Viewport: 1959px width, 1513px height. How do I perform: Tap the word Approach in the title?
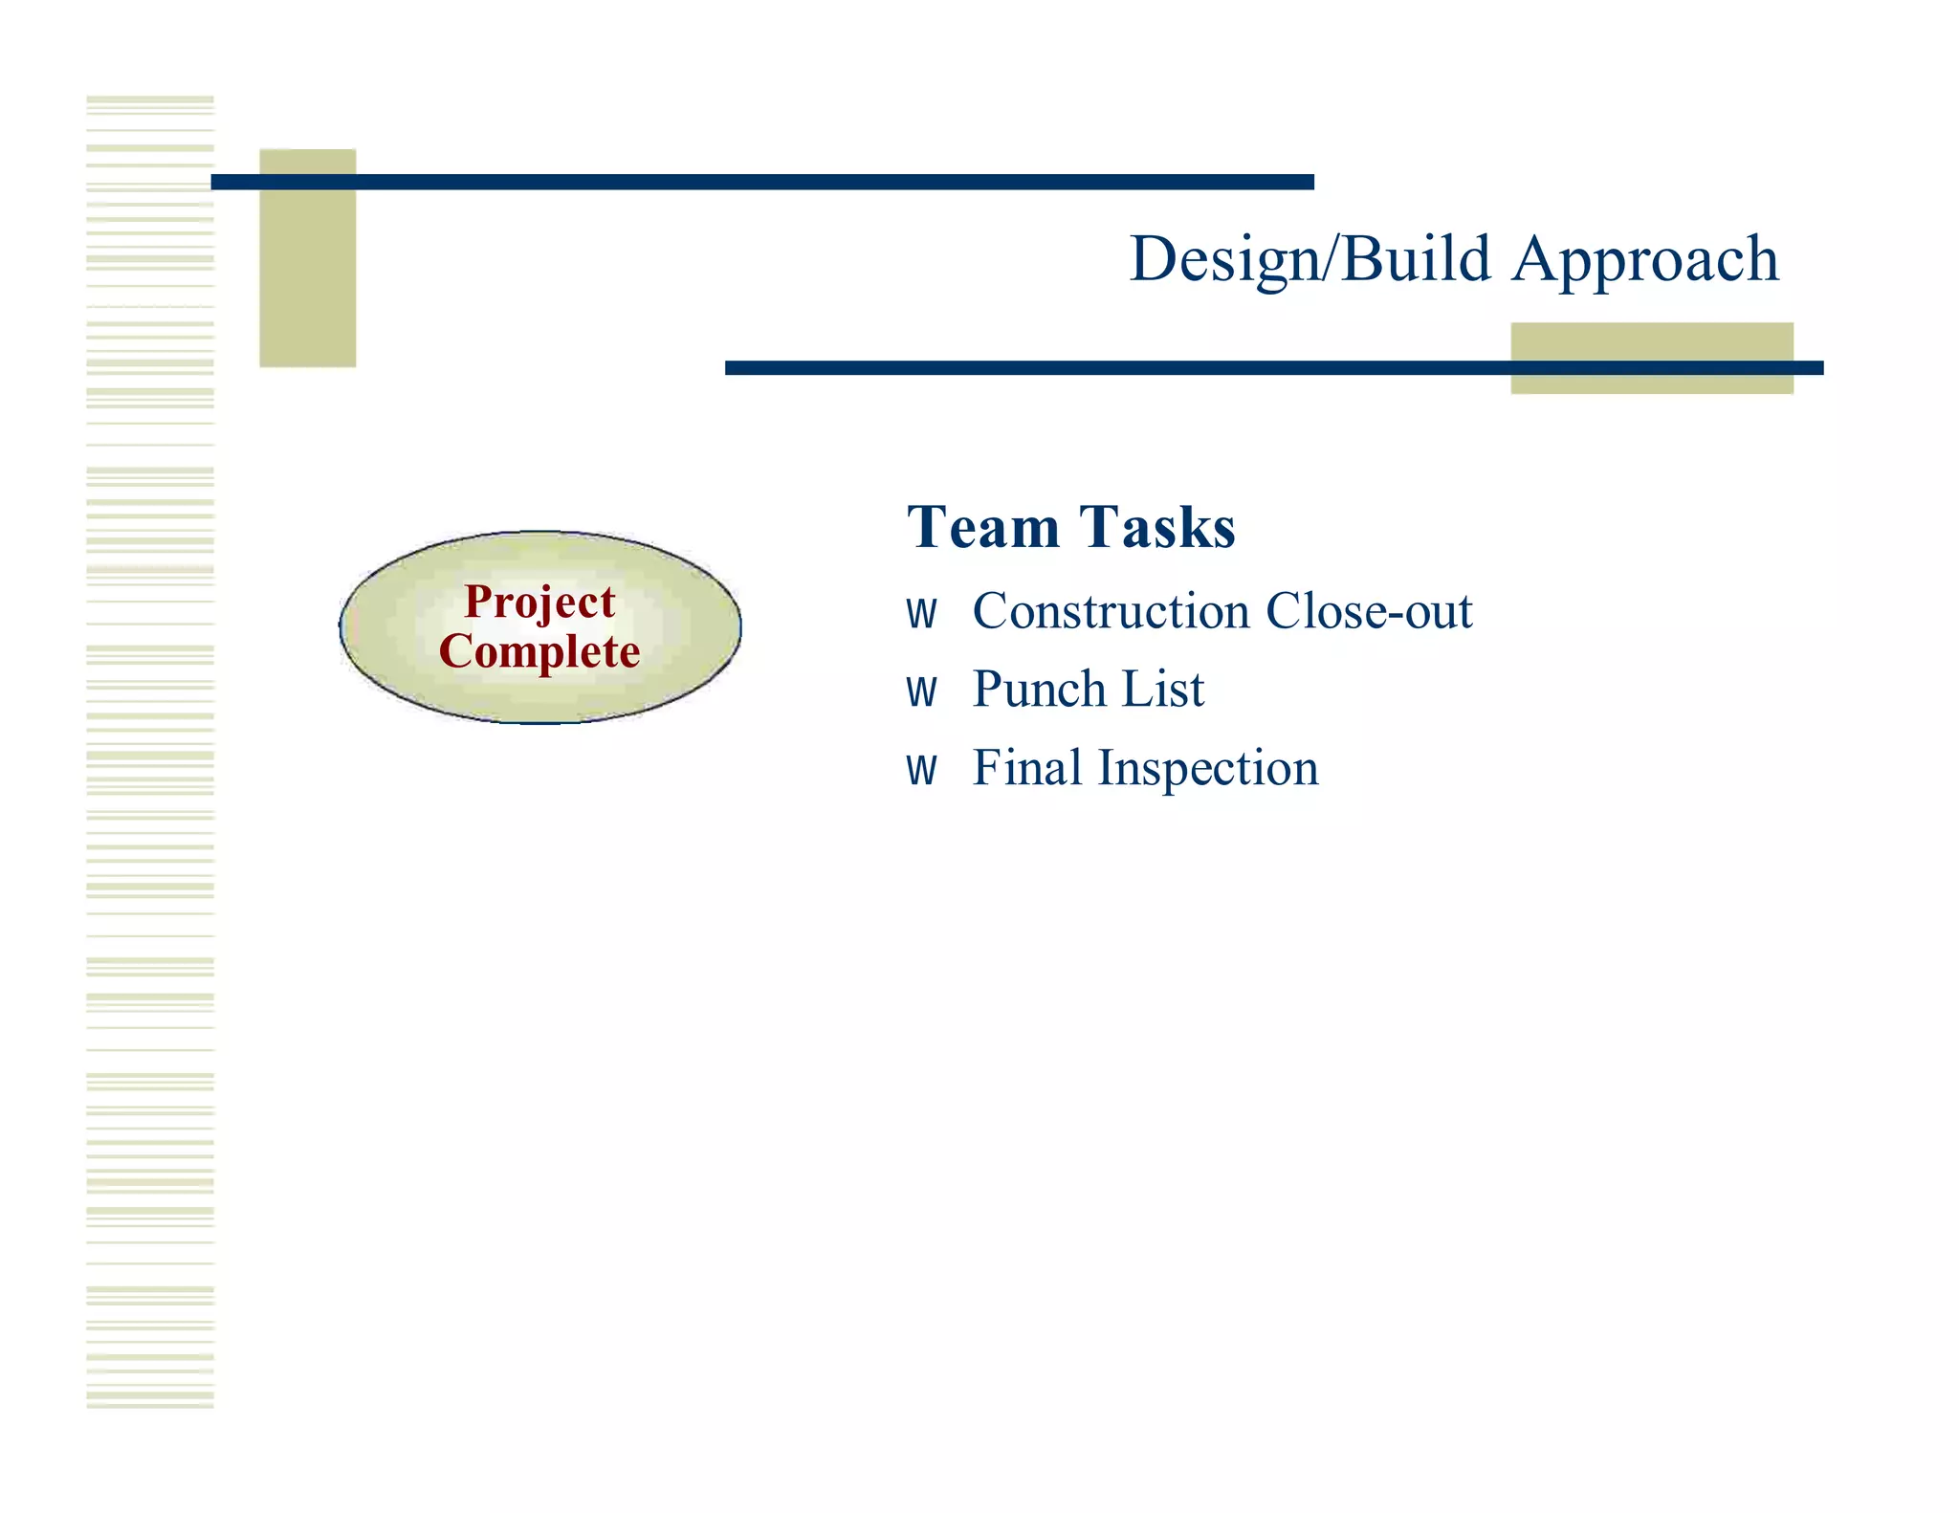tap(1645, 260)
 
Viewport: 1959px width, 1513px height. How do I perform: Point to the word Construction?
tap(1111, 612)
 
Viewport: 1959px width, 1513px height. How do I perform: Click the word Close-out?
tap(1369, 612)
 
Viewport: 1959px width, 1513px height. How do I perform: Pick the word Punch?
tap(1038, 690)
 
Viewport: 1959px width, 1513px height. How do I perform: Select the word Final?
tap(1026, 768)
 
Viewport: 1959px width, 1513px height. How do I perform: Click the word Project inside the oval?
tap(539, 603)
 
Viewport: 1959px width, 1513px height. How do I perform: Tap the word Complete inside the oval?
tap(539, 652)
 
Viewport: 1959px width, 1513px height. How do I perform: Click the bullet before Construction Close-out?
tap(921, 614)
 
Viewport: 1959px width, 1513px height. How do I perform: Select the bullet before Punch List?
tap(921, 691)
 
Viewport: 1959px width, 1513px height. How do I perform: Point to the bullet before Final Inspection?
tap(921, 770)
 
